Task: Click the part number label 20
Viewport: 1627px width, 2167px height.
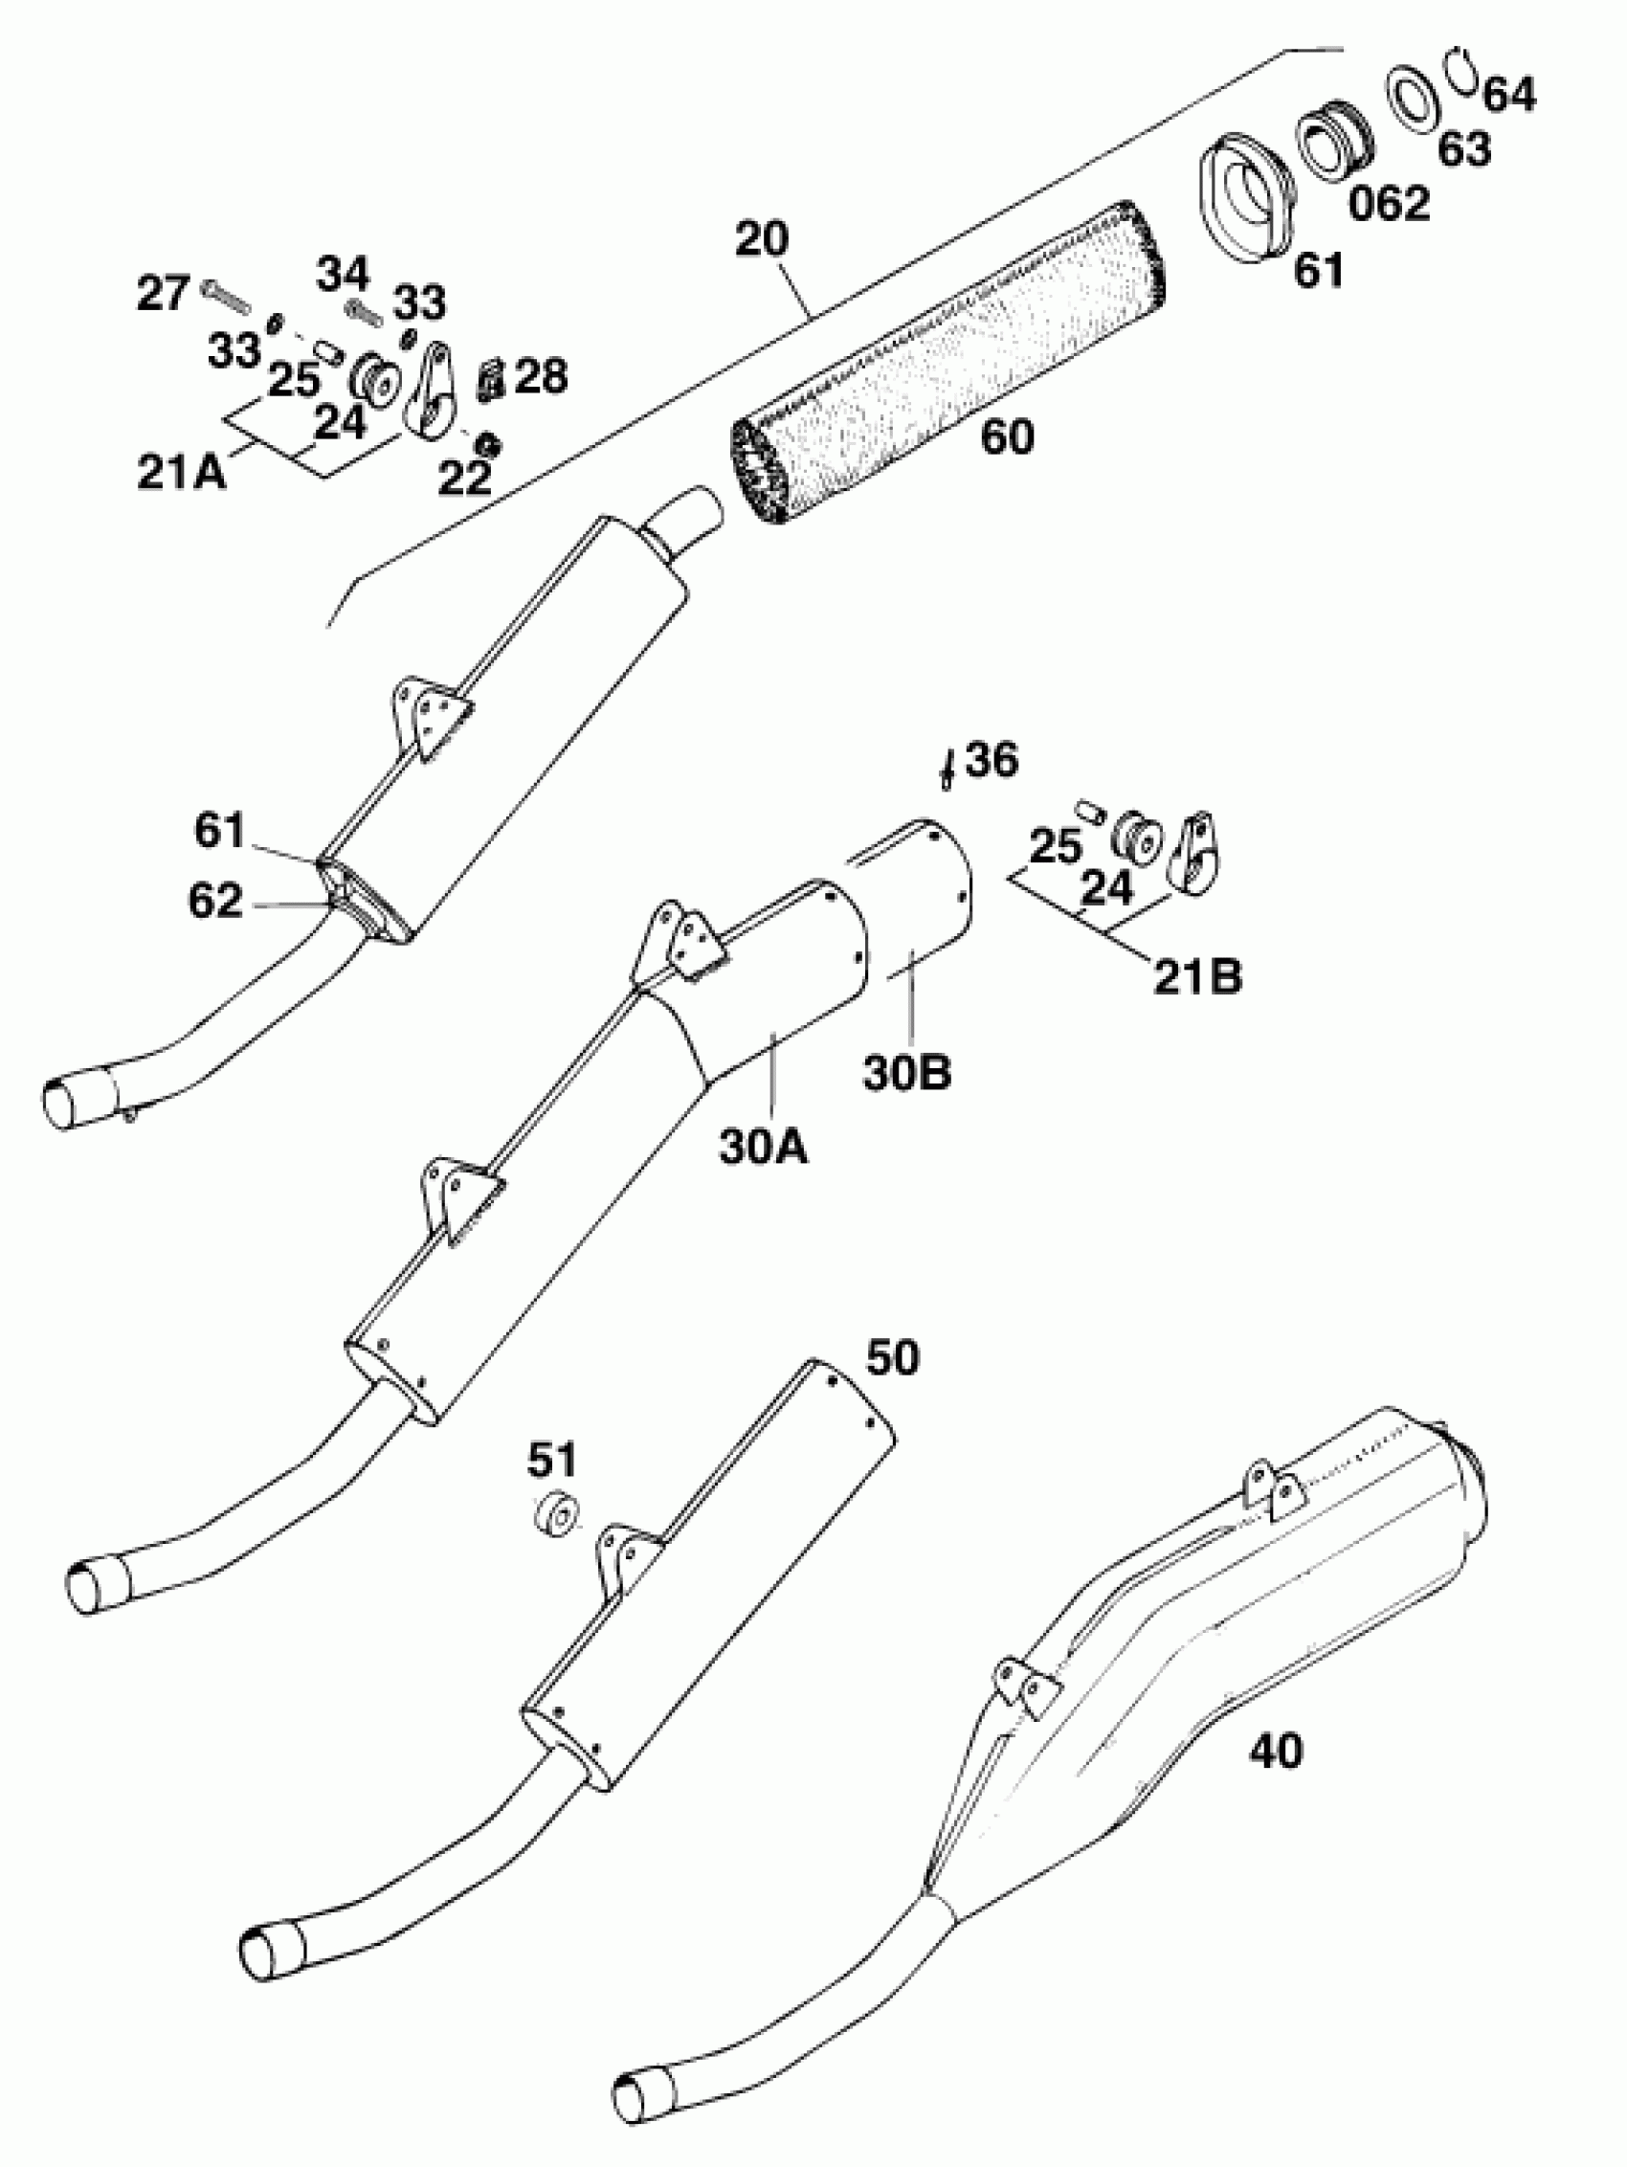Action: pos(761,238)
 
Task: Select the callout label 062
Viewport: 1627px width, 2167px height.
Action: pos(1389,204)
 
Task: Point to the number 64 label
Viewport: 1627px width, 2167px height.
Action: pos(1508,94)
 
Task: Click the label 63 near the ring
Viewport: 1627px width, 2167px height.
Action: pos(1464,149)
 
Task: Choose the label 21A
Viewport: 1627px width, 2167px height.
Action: pos(181,473)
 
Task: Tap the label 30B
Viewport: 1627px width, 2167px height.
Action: pos(906,1073)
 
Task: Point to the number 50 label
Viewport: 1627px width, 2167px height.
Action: pos(892,1359)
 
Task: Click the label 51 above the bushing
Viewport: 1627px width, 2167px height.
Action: pos(552,1461)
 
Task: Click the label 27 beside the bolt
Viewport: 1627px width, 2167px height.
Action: pos(163,293)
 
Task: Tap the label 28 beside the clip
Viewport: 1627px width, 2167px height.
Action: pos(541,376)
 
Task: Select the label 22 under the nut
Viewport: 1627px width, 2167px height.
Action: pos(463,479)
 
